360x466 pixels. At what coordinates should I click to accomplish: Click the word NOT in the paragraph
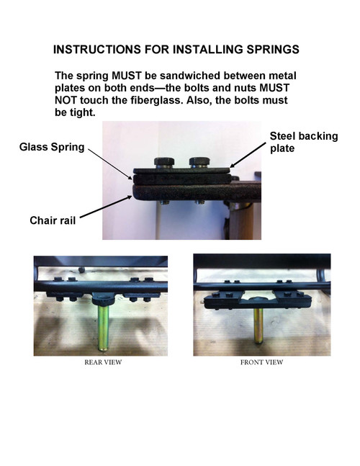[68, 101]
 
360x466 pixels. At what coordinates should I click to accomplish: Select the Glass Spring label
[51, 148]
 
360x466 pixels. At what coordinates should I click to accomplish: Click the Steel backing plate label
[303, 142]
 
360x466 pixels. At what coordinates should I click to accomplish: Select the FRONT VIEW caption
[261, 362]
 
